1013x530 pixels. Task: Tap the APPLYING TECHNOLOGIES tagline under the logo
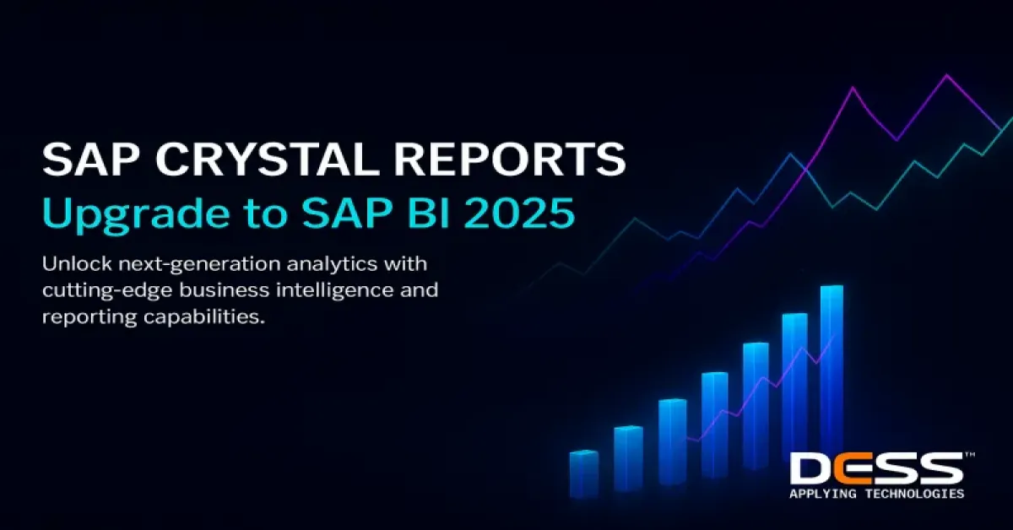875,494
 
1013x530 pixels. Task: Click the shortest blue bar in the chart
583,474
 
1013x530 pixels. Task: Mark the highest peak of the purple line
946,76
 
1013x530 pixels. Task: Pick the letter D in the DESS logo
811,468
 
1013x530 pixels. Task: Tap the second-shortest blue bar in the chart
628,458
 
